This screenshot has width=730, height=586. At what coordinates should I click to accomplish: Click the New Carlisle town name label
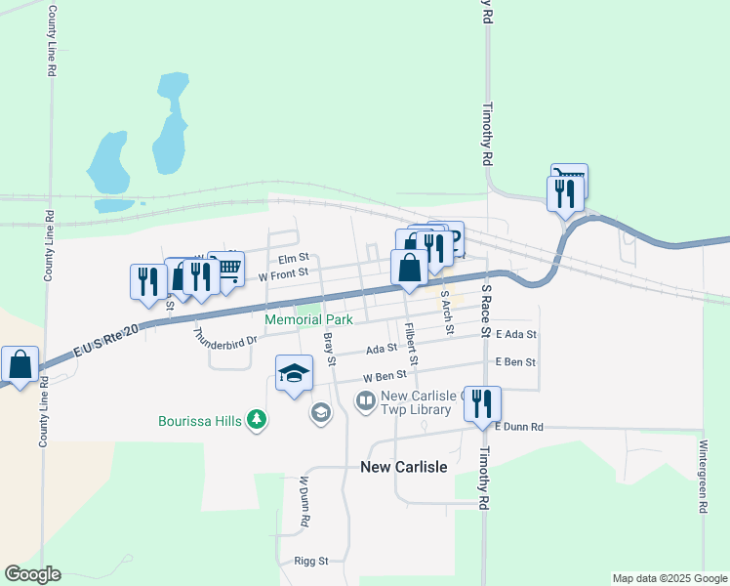pyautogui.click(x=404, y=467)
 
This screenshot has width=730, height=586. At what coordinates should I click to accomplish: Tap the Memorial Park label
pyautogui.click(x=309, y=319)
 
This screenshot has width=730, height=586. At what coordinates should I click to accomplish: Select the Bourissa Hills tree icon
pyautogui.click(x=257, y=420)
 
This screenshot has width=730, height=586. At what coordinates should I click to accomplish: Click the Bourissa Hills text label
pyautogui.click(x=201, y=422)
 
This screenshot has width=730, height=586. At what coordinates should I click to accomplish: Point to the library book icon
pyautogui.click(x=365, y=401)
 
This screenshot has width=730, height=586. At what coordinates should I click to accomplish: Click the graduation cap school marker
pyautogui.click(x=294, y=375)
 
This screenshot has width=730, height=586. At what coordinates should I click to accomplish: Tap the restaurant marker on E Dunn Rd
pyautogui.click(x=481, y=404)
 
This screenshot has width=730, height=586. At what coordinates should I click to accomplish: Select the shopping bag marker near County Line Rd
pyautogui.click(x=20, y=365)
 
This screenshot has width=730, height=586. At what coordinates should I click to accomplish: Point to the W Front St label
pyautogui.click(x=283, y=275)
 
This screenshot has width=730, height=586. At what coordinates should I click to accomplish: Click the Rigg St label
pyautogui.click(x=311, y=562)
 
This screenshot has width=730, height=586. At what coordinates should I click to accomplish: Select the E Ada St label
pyautogui.click(x=516, y=334)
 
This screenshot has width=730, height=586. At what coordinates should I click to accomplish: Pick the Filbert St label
pyautogui.click(x=412, y=345)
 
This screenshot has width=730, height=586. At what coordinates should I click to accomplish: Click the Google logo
pyautogui.click(x=32, y=574)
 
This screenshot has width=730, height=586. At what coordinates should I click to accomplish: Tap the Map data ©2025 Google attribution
pyautogui.click(x=669, y=578)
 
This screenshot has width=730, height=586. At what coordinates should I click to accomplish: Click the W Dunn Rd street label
pyautogui.click(x=304, y=503)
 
